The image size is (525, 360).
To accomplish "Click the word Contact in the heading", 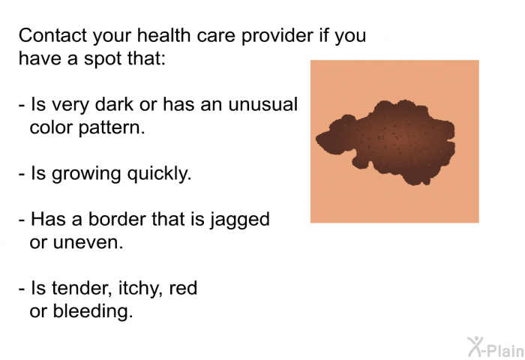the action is click(52, 35).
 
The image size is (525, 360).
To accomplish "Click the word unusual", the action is click(262, 104).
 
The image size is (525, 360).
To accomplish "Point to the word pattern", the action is click(112, 128).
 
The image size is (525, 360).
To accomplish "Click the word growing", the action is click(86, 175).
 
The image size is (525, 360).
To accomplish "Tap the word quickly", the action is click(159, 174).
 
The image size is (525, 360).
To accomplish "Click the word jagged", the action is click(240, 220).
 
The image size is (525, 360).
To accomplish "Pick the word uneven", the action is click(88, 243).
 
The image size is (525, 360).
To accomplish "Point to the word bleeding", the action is click(93, 312).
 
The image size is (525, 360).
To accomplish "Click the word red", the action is click(183, 288).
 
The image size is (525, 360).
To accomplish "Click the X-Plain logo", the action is click(496, 347).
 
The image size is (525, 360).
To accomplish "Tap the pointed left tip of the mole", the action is click(316, 138).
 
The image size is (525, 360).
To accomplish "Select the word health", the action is click(163, 35).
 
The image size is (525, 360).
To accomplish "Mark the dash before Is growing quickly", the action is click(22, 175).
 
